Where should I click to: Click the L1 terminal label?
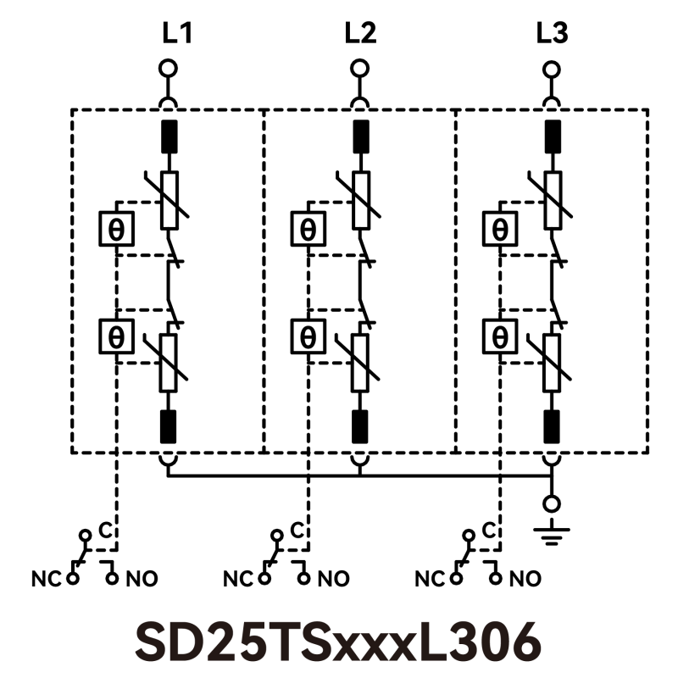coord(177,34)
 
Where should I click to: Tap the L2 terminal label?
coord(360,34)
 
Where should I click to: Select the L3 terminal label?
coord(553,34)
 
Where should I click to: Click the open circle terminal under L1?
coord(169,69)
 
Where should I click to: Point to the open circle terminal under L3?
coord(553,69)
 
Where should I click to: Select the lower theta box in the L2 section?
coord(308,336)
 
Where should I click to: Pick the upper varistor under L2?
coord(361,200)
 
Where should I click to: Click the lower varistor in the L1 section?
coord(169,363)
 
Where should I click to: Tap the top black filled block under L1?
coord(169,136)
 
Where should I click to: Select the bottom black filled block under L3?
coord(553,425)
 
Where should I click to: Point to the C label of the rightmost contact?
coord(487,531)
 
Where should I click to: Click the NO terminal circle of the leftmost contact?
coord(111,578)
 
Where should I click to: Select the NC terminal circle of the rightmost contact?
coord(457,578)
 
